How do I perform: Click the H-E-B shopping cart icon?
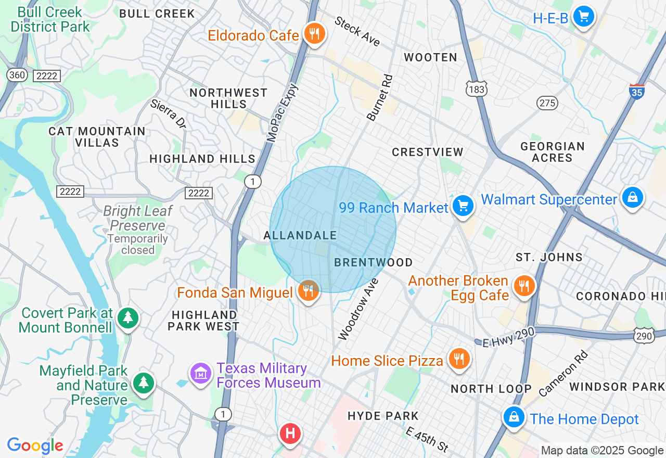584,17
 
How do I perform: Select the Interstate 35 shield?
636,91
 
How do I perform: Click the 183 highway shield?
477,90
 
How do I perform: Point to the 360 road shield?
17,75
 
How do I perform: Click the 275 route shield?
547,103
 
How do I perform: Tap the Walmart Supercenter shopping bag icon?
632,198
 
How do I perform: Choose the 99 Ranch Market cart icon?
462,206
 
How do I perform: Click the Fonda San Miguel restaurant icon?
309,291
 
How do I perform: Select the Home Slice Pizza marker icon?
458,359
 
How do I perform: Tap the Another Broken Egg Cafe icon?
524,286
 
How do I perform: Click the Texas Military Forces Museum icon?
200,373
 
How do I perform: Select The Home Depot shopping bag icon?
514,417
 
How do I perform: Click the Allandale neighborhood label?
300,235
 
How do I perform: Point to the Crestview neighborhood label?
427,152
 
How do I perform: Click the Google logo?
35,446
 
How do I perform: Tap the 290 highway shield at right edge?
644,336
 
